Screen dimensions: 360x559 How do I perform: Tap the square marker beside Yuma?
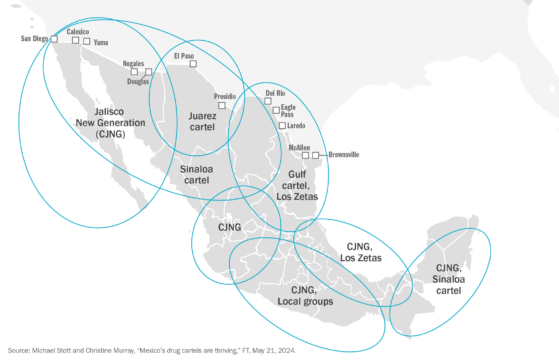pos(87,42)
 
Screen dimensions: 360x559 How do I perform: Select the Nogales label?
pos(133,62)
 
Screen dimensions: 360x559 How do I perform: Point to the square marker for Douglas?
pos(148,72)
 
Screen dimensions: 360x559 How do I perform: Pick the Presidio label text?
pos(226,96)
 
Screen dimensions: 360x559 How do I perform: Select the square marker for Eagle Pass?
pos(275,111)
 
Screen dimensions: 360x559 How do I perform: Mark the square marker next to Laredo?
pos(282,126)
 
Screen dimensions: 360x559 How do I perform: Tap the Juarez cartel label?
pos(202,122)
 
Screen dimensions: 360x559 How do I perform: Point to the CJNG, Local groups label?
pos(306,295)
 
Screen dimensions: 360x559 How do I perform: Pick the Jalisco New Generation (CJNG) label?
pos(110,122)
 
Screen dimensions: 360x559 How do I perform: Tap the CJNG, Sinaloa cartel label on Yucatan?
pos(448,279)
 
